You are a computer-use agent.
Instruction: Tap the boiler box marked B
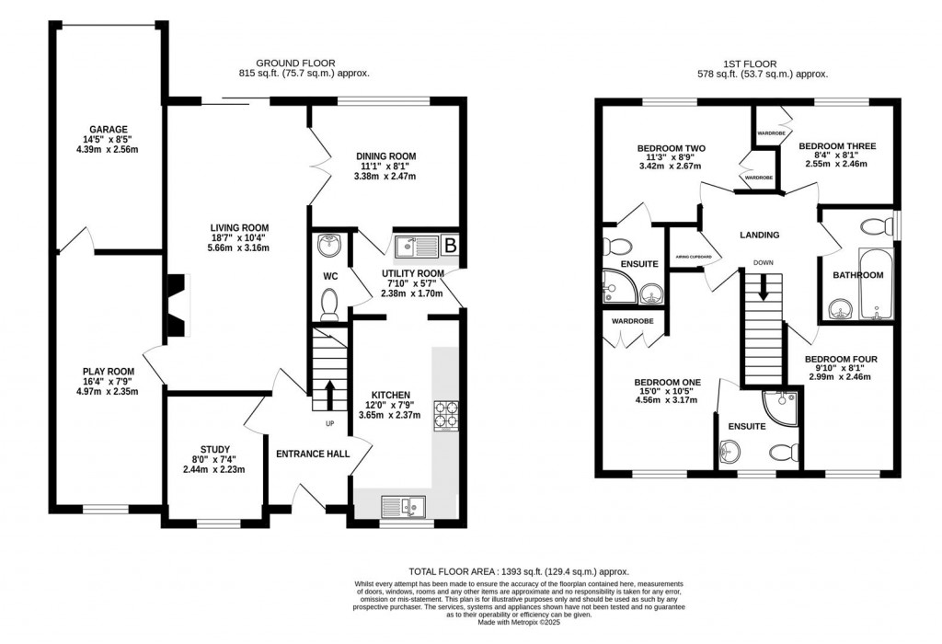(x=451, y=246)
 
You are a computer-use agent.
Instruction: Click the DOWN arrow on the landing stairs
(x=763, y=288)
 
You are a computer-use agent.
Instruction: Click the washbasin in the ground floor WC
(x=329, y=245)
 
